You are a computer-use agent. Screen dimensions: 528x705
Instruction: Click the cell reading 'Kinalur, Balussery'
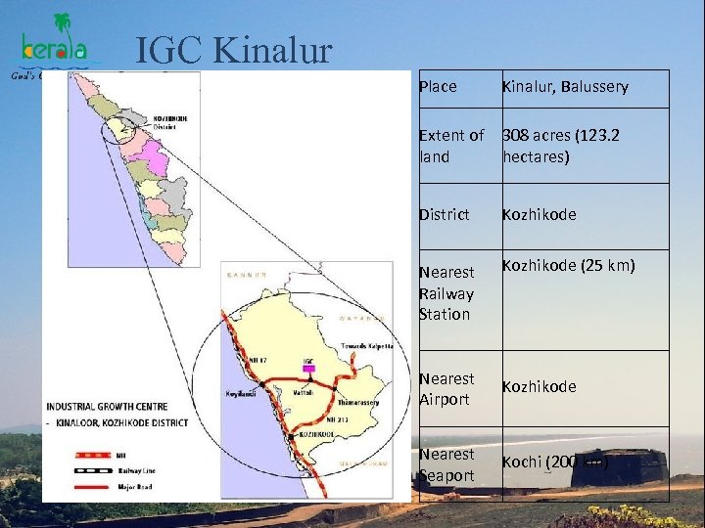click(x=565, y=87)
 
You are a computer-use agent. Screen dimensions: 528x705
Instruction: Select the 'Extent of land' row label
click(x=450, y=146)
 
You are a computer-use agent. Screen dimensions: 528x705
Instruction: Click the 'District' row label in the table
click(x=444, y=214)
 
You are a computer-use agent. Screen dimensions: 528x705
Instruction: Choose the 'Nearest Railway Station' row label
click(x=446, y=292)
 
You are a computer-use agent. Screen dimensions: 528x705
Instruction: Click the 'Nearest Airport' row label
click(x=446, y=388)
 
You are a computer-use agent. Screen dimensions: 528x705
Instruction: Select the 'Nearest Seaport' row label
click(x=446, y=463)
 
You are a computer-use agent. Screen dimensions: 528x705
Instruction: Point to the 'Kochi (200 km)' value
click(x=555, y=462)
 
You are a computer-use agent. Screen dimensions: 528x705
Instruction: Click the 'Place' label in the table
click(x=438, y=87)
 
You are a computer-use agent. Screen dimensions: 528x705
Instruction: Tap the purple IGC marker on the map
click(x=309, y=369)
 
